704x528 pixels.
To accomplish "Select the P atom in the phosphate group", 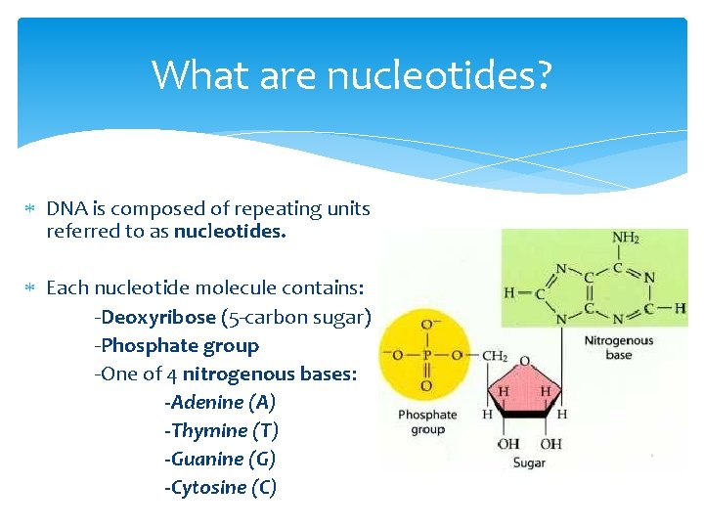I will pyautogui.click(x=426, y=355).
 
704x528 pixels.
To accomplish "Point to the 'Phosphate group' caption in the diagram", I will pyautogui.click(x=427, y=421).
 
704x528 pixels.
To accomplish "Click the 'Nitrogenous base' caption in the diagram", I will pyautogui.click(x=618, y=348).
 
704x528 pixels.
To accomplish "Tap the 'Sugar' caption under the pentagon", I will pyautogui.click(x=528, y=462).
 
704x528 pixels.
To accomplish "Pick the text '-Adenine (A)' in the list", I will pyautogui.click(x=220, y=402).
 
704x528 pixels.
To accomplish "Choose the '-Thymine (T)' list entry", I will pyautogui.click(x=222, y=430).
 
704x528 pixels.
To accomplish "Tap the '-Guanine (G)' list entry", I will pyautogui.click(x=220, y=459).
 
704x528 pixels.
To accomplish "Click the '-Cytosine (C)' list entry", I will pyautogui.click(x=220, y=487).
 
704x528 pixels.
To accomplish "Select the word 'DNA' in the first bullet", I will pyautogui.click(x=65, y=208).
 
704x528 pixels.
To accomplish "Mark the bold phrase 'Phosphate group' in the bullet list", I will pyautogui.click(x=179, y=345).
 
